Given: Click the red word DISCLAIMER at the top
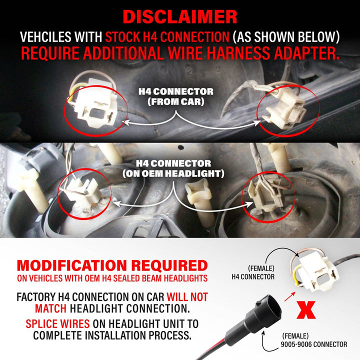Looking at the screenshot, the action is (180, 17).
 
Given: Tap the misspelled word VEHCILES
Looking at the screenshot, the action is (61, 36).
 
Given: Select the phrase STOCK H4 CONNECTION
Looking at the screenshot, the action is (167, 36).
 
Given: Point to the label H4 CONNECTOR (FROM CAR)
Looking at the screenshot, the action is (176, 96).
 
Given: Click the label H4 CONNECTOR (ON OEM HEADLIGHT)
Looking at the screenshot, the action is (173, 168).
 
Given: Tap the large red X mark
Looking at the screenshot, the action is (306, 310).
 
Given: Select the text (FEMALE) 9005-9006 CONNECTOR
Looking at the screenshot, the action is (314, 340).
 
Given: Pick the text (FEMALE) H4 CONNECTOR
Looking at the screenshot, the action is (253, 272).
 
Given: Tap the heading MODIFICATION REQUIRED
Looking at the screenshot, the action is (112, 265).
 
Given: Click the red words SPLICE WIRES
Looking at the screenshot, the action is (57, 323).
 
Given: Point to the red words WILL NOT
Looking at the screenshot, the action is (187, 297).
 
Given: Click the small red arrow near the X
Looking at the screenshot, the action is (290, 296).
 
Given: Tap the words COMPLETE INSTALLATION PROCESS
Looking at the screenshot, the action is (112, 335).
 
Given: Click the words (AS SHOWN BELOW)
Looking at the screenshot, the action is (286, 36).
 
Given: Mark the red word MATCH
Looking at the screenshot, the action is (50, 308).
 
